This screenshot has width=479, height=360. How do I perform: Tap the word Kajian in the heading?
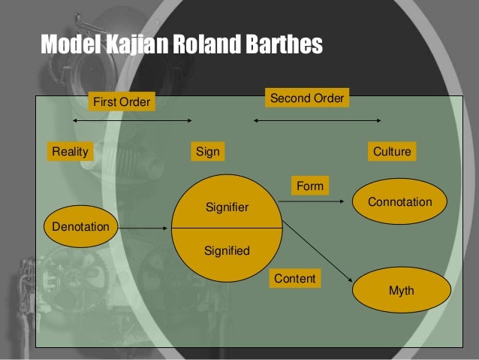click(131, 45)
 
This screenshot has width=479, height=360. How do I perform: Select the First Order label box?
click(121, 101)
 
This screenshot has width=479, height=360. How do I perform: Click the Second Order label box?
click(307, 98)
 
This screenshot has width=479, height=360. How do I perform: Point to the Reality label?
click(70, 151)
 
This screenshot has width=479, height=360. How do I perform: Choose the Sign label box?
click(208, 151)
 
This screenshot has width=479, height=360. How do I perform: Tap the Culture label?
click(392, 151)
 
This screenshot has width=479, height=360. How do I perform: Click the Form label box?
click(310, 186)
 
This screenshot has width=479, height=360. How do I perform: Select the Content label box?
click(295, 279)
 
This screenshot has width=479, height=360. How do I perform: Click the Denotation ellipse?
click(81, 226)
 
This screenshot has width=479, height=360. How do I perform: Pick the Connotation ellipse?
click(400, 202)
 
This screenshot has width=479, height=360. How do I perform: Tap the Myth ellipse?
click(402, 290)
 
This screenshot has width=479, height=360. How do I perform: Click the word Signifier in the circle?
click(227, 206)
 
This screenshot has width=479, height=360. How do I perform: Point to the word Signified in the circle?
click(227, 251)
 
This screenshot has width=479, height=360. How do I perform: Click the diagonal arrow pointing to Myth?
click(318, 253)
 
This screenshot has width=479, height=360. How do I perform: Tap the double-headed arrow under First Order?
click(132, 120)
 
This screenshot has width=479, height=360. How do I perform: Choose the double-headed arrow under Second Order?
click(317, 120)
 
